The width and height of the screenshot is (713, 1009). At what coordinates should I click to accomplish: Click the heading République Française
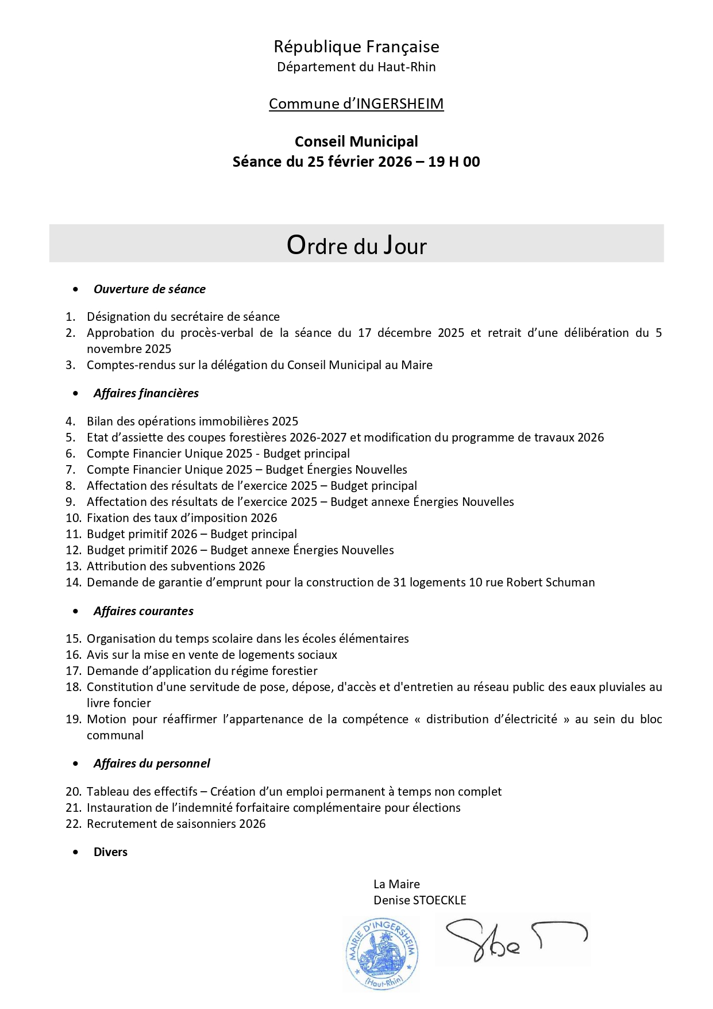coord(356,47)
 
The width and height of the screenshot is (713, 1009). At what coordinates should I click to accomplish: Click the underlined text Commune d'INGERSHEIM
coord(356,104)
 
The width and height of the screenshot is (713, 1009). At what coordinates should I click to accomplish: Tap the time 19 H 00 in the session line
coord(454,162)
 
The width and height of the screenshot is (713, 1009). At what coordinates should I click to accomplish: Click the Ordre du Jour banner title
coord(356,245)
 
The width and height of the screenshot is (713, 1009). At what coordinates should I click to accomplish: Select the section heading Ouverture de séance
coord(149,289)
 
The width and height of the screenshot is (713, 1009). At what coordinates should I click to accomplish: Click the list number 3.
coord(70,365)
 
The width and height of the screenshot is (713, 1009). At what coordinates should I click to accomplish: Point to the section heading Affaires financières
coord(146,393)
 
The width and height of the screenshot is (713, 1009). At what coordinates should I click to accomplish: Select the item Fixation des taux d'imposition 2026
coord(182,518)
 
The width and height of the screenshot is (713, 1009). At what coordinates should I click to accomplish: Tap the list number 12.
coord(73,550)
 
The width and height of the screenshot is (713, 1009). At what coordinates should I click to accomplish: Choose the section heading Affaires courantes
coord(143,611)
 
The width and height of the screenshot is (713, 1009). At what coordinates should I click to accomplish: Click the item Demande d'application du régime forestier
coord(202,671)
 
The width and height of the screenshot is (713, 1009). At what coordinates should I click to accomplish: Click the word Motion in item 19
coord(106,719)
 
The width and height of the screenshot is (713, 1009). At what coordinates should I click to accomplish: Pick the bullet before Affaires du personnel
coord(76,764)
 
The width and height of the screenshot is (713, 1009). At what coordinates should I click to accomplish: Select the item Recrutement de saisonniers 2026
coord(176,824)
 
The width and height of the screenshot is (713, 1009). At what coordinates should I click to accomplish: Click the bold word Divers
coord(110,852)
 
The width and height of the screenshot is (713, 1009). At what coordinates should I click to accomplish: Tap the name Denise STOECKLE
coord(419,900)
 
